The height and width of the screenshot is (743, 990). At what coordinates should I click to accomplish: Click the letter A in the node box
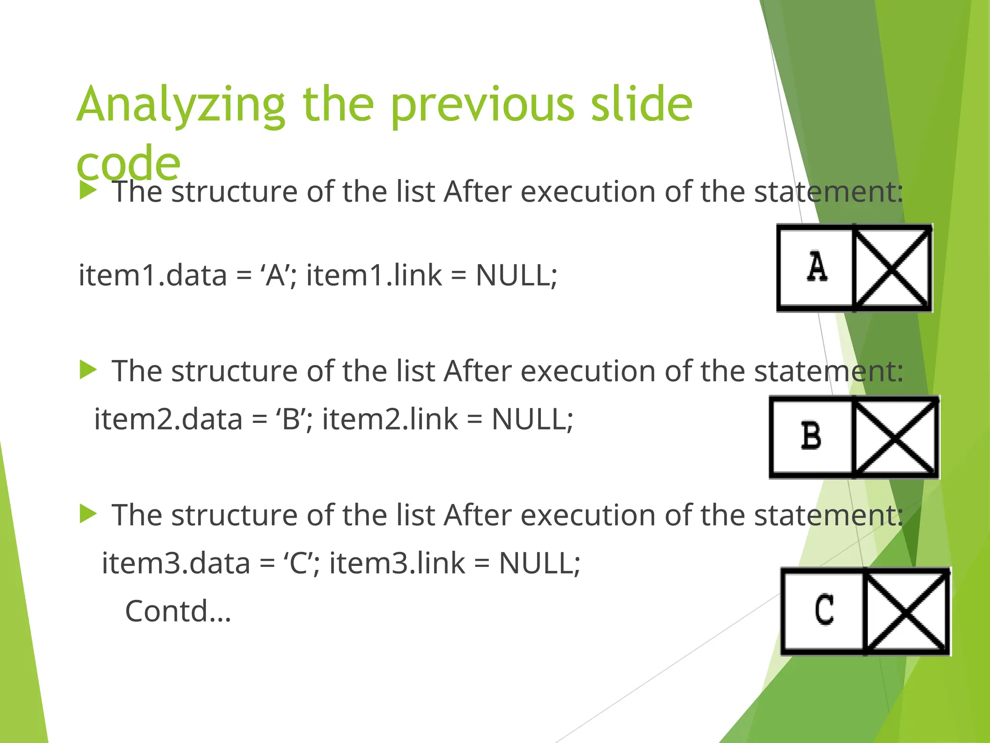pos(817,267)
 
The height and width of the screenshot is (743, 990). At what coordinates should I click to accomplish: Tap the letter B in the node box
pos(811,436)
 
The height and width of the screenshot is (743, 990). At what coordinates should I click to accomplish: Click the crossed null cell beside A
pos(892,267)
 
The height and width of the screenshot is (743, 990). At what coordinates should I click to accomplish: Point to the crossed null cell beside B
pos(895,437)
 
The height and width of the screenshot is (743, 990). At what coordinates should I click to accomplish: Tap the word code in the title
pos(129,163)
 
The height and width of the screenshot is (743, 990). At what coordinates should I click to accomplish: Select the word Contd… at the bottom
pos(178,611)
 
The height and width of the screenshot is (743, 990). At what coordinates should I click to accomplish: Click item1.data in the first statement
pos(153,275)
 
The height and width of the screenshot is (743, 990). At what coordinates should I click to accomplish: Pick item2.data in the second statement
pos(168,419)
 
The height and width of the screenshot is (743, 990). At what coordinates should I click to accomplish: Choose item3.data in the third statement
pos(176,563)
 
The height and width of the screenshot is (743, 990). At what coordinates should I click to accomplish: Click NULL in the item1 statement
pos(516,275)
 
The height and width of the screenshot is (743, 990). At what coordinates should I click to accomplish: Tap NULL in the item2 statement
pos(532,419)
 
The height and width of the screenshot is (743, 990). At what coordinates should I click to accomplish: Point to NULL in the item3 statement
pos(539,563)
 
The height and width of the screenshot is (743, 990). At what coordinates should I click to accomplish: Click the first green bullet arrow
pos(88,191)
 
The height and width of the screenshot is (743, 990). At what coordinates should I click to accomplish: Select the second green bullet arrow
pos(88,370)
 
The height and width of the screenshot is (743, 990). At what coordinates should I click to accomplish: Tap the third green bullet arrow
pos(88,514)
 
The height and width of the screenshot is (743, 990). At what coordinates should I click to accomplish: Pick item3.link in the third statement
pos(397,563)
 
